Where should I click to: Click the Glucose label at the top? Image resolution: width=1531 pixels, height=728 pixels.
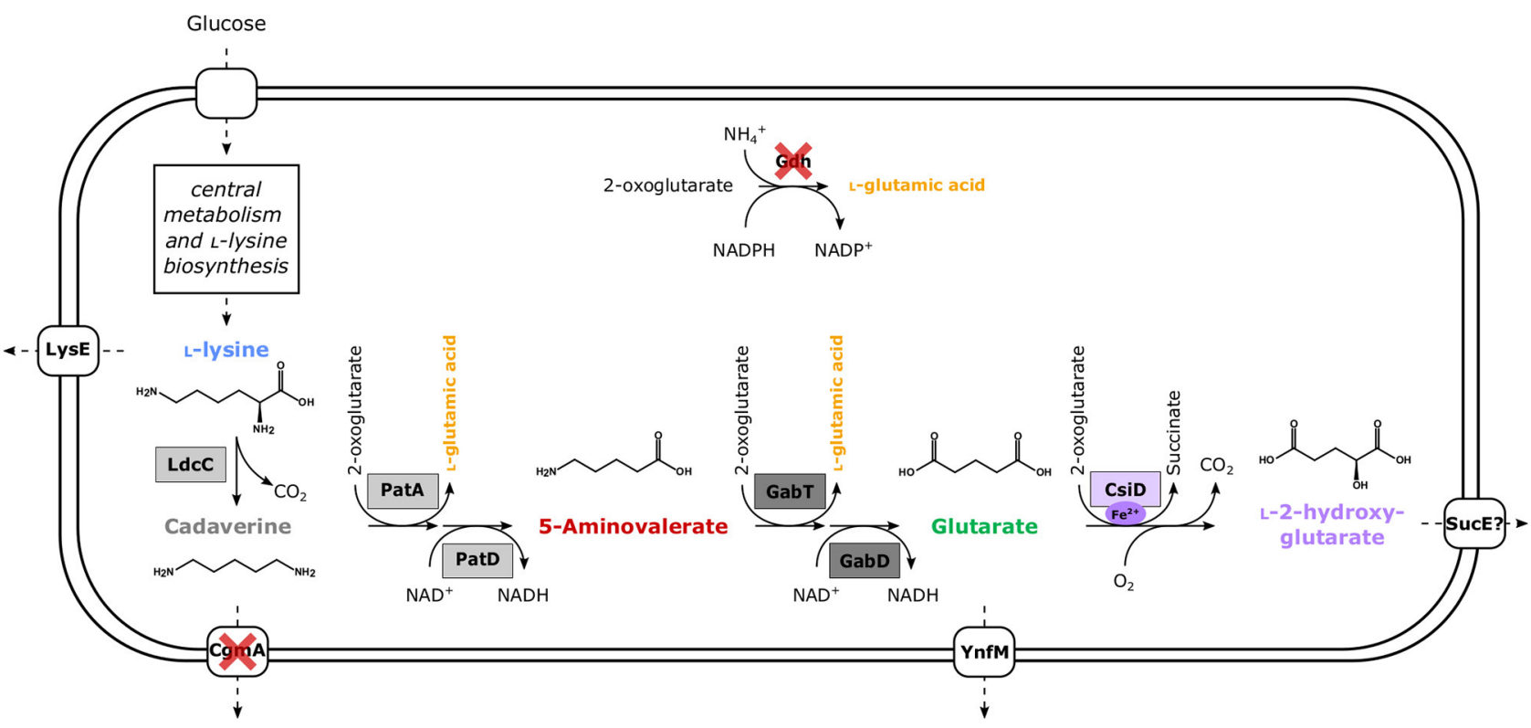tap(226, 24)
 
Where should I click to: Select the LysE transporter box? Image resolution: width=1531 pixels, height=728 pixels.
tap(68, 350)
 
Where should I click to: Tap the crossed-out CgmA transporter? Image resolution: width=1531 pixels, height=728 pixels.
tap(237, 650)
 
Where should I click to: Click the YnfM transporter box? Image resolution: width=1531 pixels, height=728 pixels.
tap(984, 651)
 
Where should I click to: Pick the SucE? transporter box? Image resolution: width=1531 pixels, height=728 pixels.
tap(1473, 523)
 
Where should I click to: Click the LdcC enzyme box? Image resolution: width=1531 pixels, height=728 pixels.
tap(190, 464)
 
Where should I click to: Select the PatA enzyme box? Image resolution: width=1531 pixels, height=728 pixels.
tap(402, 491)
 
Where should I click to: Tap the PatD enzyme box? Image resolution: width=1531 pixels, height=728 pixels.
tap(477, 560)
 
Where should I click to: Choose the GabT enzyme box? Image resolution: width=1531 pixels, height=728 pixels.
tap(790, 491)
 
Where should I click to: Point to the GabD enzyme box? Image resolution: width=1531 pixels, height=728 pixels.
tap(865, 561)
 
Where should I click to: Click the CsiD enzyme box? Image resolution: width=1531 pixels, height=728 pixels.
tap(1125, 489)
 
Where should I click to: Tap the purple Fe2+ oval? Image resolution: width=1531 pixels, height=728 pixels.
tap(1125, 513)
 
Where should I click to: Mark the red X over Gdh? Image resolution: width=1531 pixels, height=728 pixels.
tap(792, 162)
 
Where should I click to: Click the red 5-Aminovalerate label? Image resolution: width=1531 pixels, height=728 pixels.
tap(633, 526)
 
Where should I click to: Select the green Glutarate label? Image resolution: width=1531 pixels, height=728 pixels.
tap(984, 526)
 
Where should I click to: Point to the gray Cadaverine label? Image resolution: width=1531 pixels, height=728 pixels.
tap(227, 526)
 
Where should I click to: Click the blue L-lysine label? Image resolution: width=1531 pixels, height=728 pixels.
tap(226, 350)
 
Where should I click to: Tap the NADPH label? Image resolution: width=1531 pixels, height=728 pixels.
tap(743, 250)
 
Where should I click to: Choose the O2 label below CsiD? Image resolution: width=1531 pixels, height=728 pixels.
tap(1123, 582)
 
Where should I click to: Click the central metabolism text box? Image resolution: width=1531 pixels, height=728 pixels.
tap(226, 228)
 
